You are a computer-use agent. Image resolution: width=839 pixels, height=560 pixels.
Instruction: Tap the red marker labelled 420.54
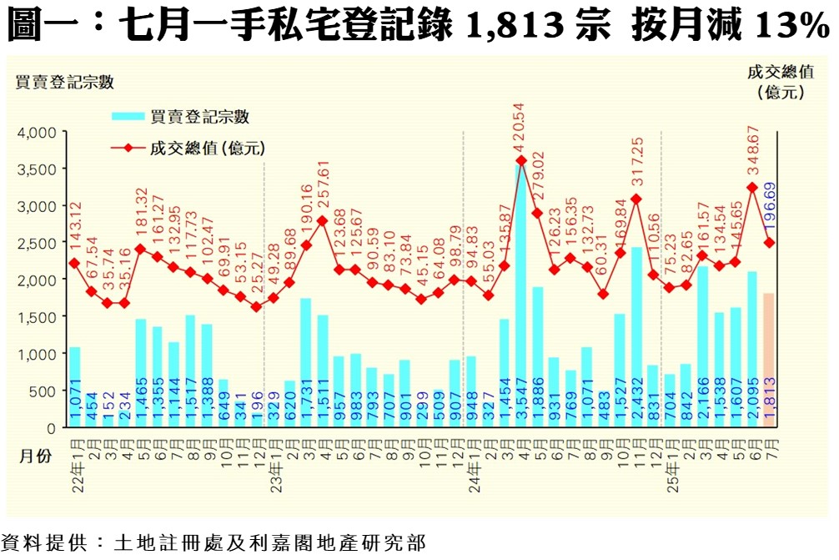(x=521, y=160)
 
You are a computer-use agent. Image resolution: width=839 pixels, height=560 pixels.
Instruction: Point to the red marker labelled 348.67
(x=751, y=187)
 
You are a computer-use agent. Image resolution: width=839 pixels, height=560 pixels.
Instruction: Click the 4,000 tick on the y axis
(x=36, y=132)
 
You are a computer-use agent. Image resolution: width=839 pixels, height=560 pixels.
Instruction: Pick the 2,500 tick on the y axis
(x=36, y=243)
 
